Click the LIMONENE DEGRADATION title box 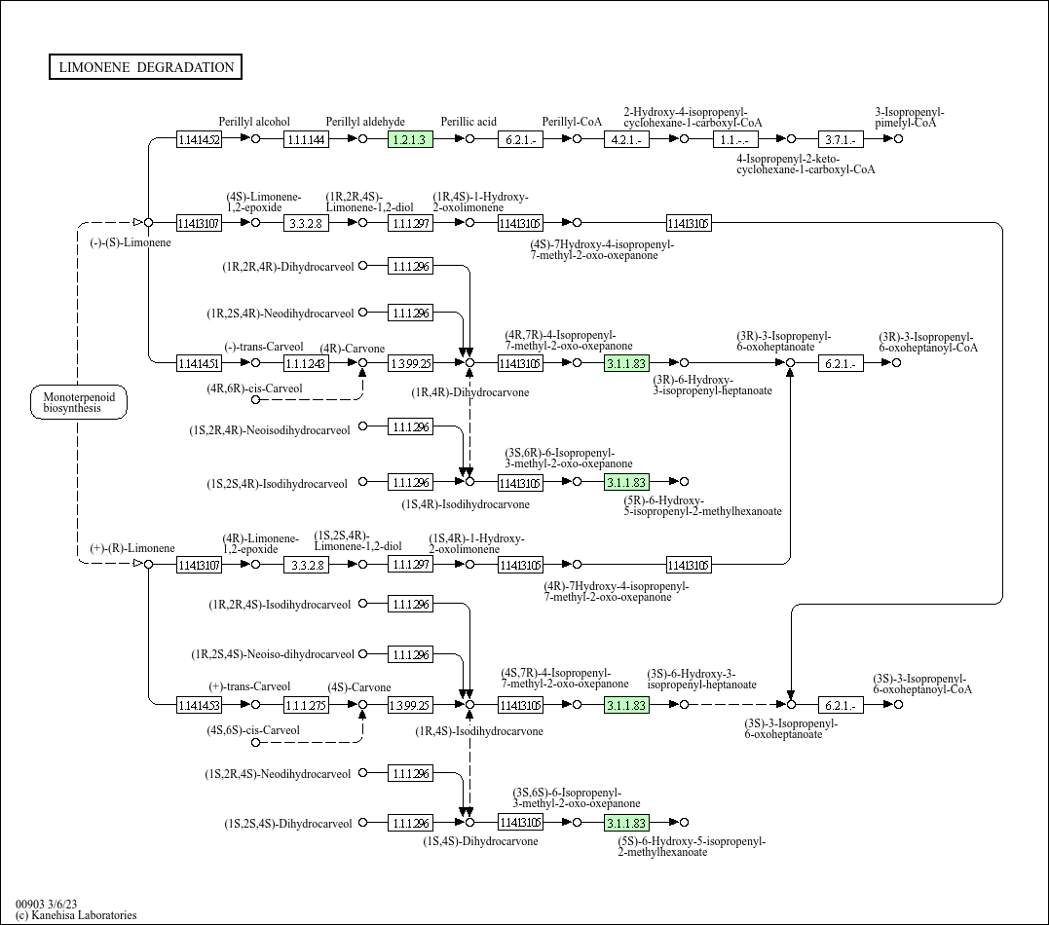tap(145, 67)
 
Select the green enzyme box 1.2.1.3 tap(409, 139)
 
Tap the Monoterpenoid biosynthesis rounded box tap(79, 402)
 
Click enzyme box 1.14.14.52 tap(199, 139)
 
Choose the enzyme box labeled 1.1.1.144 tap(306, 139)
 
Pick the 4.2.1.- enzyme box tap(627, 139)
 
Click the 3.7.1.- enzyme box tap(841, 139)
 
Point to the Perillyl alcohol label tap(254, 122)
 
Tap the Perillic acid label tap(468, 122)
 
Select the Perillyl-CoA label tap(573, 122)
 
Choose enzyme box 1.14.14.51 tap(199, 363)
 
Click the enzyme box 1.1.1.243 tap(306, 363)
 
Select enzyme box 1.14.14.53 tap(199, 705)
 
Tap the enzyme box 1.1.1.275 tap(306, 705)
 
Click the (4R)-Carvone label tap(353, 349)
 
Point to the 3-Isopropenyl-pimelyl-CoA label tap(909, 118)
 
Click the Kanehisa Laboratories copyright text tap(76, 915)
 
